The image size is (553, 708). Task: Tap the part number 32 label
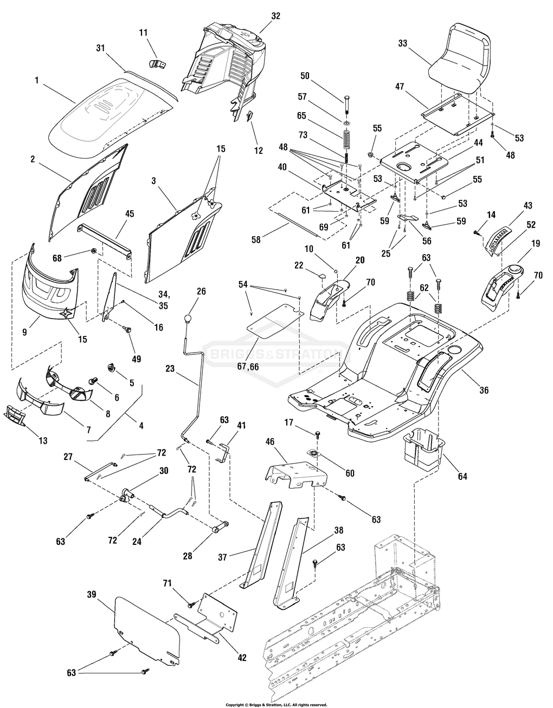point(275,16)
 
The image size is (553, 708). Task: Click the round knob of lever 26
point(188,317)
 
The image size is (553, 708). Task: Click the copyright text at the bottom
point(276,704)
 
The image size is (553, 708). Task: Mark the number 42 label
point(242,658)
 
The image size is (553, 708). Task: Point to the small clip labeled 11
point(157,64)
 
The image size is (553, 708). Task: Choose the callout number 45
point(129,213)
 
